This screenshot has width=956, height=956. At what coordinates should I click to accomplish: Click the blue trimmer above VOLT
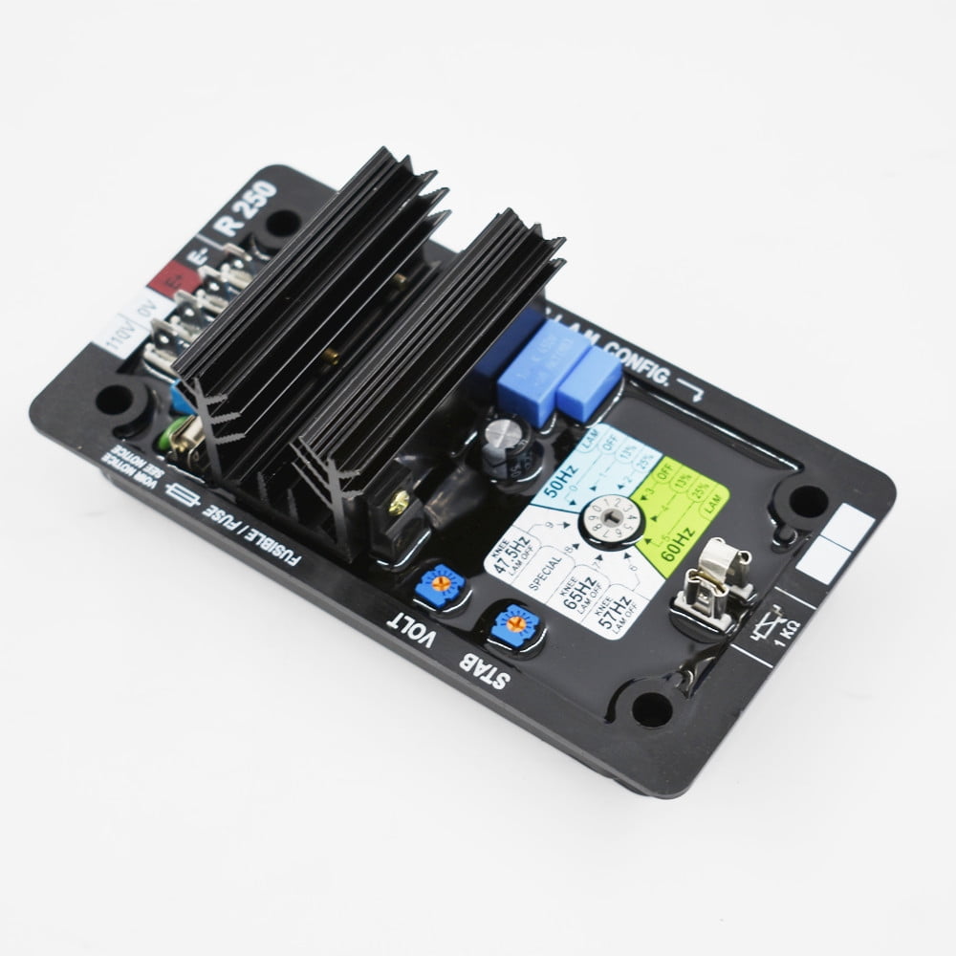pos(441,585)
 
